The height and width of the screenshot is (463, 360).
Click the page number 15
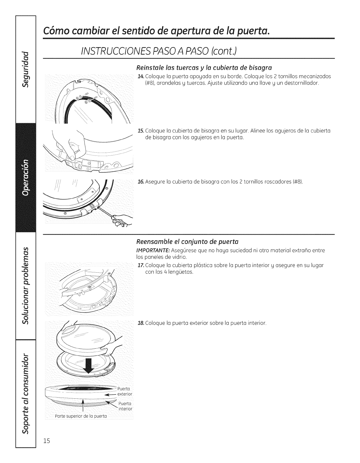[47, 449]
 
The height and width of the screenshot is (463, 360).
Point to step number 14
[140, 77]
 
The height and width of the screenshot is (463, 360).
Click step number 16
[140, 182]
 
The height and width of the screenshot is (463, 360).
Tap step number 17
[140, 266]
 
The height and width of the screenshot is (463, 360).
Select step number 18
[140, 323]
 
